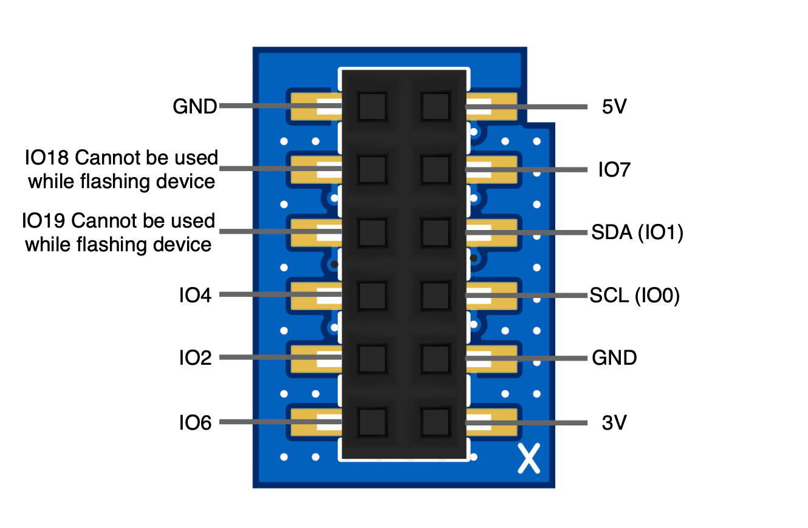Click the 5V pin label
[x=614, y=107]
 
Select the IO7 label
[x=614, y=171]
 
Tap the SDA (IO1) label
[x=637, y=233]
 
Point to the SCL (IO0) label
[x=634, y=296]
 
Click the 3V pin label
[x=614, y=422]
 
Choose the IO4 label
[x=195, y=296]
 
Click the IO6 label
[x=195, y=422]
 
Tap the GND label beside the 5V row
[x=194, y=107]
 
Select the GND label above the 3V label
[x=614, y=358]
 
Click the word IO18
[x=47, y=158]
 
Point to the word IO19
[x=44, y=221]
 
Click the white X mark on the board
[x=529, y=458]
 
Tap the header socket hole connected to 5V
[x=436, y=107]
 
